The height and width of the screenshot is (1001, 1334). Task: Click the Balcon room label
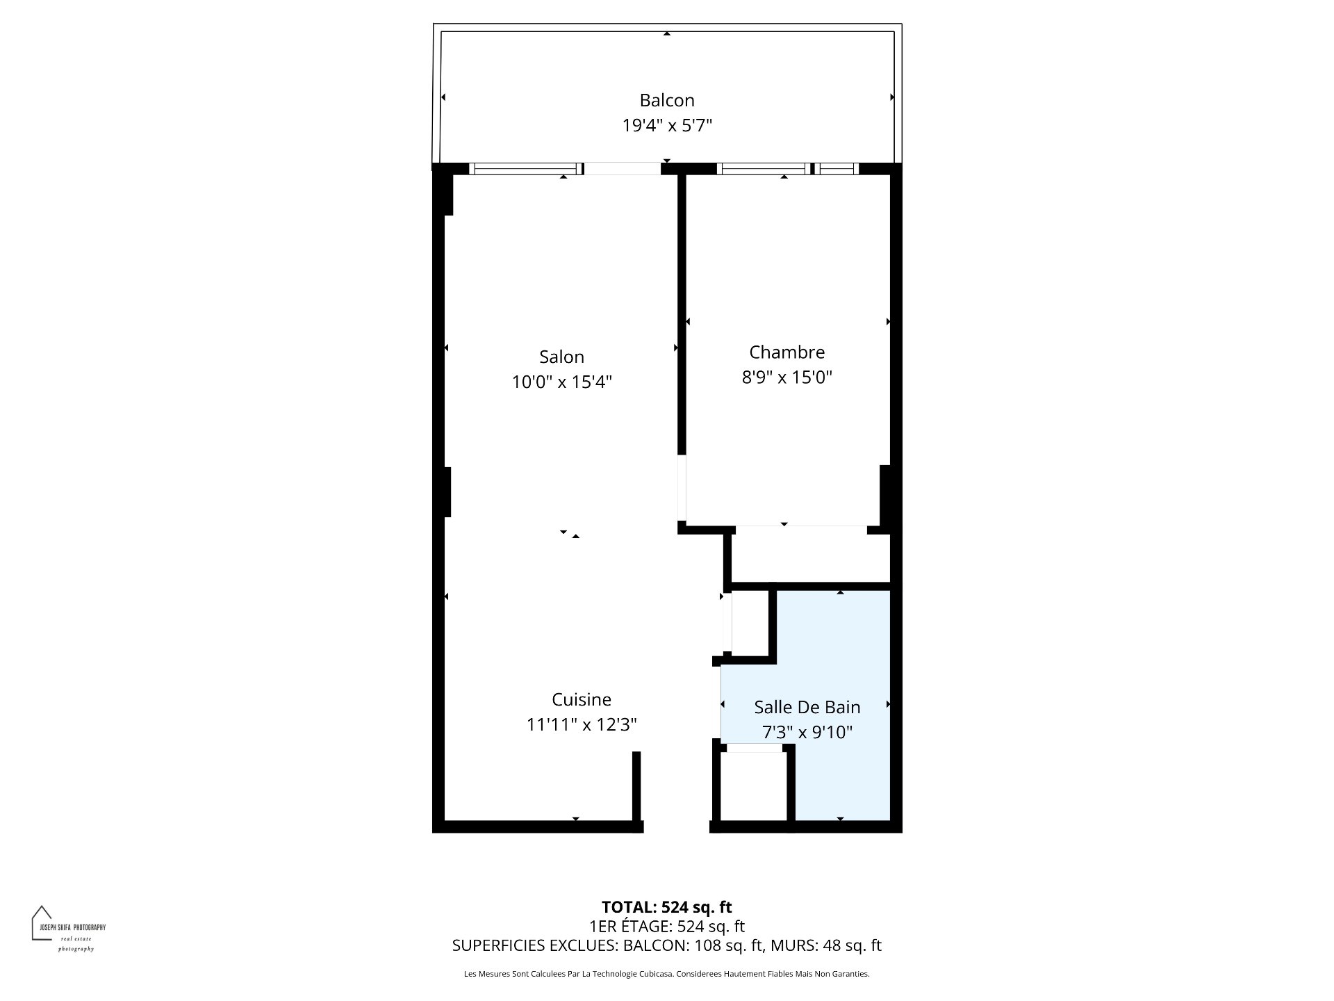pos(667,100)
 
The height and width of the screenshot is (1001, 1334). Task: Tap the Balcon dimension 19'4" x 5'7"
pos(667,126)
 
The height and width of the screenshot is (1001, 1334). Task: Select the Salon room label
pos(561,357)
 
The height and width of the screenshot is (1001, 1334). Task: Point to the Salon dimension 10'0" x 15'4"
pos(561,382)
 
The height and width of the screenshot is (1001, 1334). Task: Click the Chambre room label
pos(787,352)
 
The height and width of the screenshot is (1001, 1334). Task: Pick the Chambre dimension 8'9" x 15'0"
pos(787,377)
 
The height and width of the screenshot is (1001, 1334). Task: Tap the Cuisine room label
pos(582,699)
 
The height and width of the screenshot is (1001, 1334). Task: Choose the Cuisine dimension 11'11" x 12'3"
pos(582,725)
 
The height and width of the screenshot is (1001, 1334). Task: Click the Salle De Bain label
pos(807,707)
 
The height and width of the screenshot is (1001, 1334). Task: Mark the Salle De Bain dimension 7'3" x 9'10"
pos(807,733)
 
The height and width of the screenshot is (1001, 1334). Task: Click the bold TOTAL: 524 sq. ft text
pos(667,907)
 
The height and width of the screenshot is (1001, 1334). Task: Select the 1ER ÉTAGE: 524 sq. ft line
pos(667,926)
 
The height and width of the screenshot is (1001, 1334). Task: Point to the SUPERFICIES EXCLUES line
pos(667,945)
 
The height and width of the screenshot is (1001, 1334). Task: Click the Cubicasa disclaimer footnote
pos(667,974)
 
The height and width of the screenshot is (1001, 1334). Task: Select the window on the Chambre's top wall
pos(788,168)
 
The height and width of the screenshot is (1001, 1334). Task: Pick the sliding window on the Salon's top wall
pos(526,168)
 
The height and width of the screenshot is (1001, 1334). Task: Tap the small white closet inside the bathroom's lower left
pos(754,786)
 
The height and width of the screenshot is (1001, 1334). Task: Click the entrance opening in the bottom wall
pos(677,827)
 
